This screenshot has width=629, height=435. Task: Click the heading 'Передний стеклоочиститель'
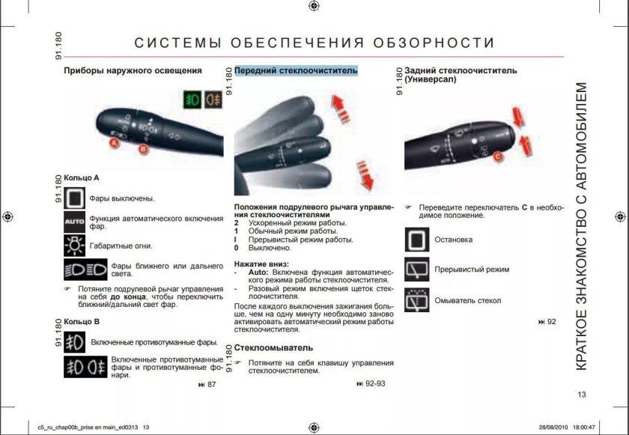[296, 71]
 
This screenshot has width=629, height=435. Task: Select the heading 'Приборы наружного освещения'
[133, 71]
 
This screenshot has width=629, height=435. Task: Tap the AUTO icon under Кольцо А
[75, 222]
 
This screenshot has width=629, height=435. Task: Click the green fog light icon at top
[193, 99]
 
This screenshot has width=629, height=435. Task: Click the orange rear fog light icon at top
[213, 99]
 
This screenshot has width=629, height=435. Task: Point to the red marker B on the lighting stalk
[144, 149]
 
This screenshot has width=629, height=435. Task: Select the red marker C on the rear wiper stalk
[496, 155]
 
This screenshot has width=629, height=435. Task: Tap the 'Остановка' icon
[417, 240]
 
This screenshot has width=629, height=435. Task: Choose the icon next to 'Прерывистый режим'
[417, 270]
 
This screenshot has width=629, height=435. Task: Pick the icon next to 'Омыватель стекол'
[417, 300]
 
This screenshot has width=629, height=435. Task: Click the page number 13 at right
[582, 395]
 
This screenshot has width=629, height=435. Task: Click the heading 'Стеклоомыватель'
[273, 348]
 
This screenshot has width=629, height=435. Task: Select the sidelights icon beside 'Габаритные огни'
[75, 245]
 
